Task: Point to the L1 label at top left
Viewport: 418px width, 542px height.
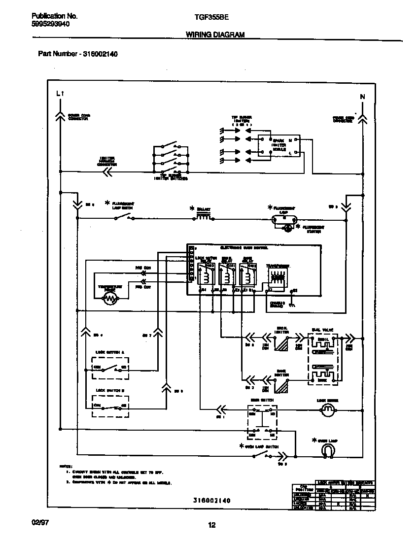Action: click(60, 93)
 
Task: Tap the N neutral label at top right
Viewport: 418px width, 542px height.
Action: click(362, 97)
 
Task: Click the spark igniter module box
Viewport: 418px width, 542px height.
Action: click(279, 146)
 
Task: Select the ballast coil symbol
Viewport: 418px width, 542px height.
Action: click(204, 216)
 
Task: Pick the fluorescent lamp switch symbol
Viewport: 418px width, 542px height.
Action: click(124, 217)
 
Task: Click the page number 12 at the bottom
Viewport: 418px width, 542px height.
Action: click(211, 525)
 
